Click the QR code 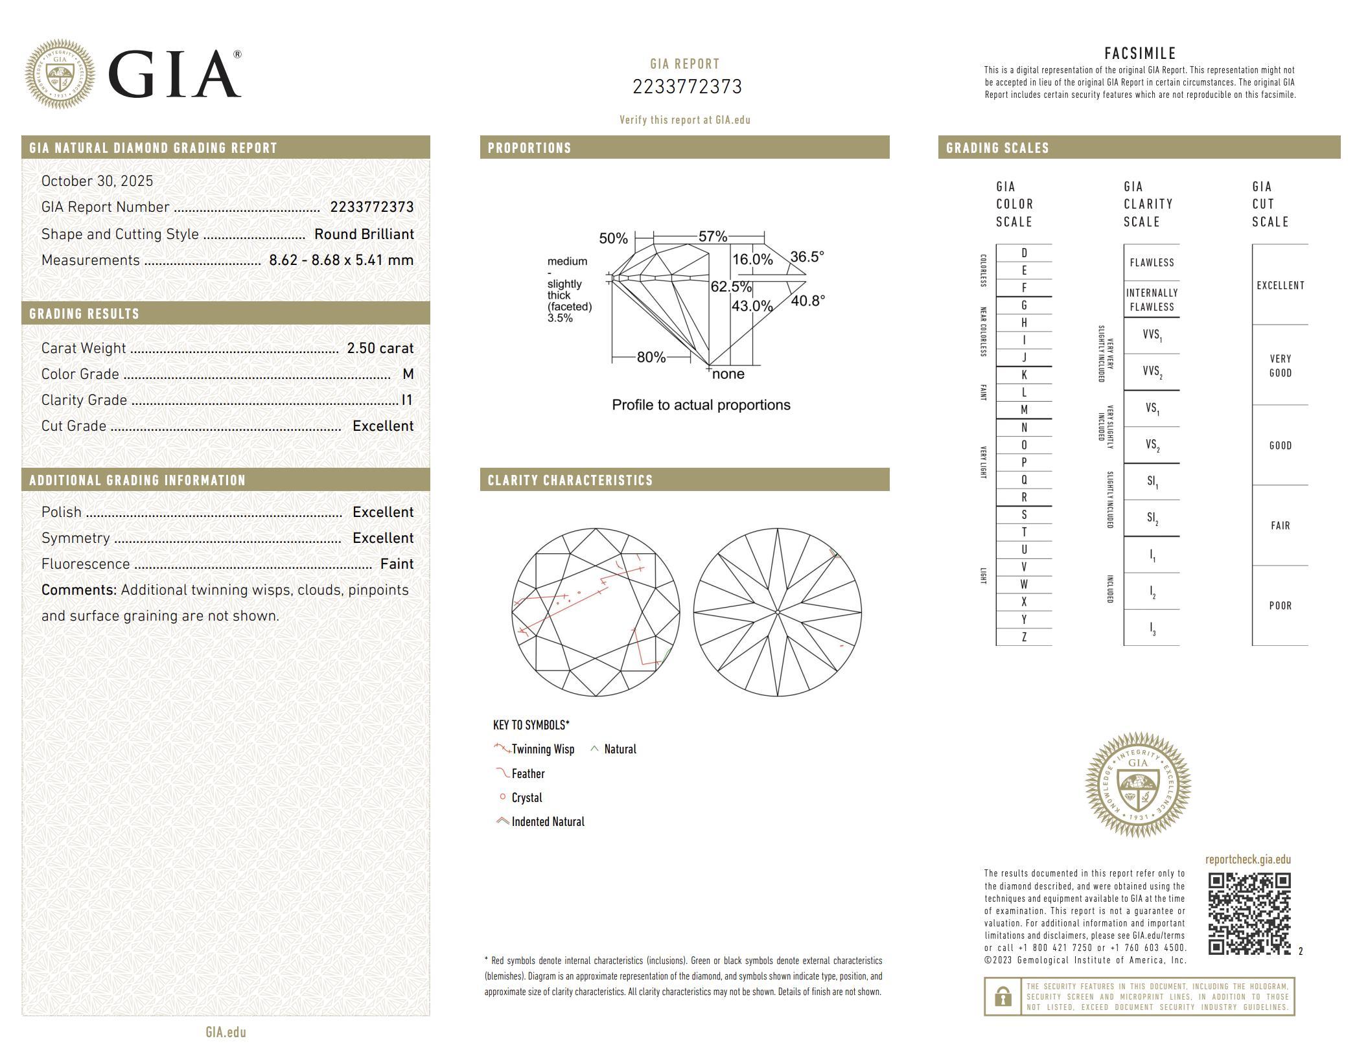point(1249,913)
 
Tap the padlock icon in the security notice point(1003,996)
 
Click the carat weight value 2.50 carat point(380,349)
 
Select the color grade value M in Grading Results point(408,374)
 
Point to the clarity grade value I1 point(407,400)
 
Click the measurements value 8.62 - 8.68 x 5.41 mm point(341,260)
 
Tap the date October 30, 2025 point(97,181)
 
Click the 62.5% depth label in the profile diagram point(731,286)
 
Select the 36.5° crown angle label point(807,257)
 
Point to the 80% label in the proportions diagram point(651,357)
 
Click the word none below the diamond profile point(728,374)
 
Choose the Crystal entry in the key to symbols point(526,797)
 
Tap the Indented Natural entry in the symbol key point(548,821)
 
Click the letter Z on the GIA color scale point(1024,637)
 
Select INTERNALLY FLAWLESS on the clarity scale point(1152,300)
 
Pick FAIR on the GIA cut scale point(1280,525)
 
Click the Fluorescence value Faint point(397,564)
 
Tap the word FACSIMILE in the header point(1139,53)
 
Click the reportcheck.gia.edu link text point(1247,860)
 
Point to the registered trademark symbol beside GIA point(237,55)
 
